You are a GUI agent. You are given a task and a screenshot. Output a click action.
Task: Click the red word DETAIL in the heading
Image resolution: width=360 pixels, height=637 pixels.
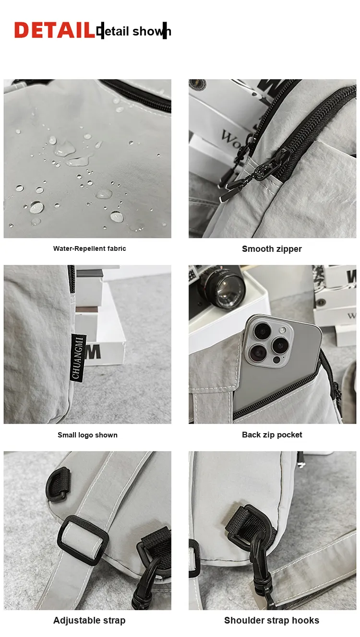click(x=54, y=30)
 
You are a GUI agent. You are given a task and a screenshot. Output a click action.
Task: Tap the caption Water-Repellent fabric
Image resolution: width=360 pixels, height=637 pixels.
click(x=89, y=248)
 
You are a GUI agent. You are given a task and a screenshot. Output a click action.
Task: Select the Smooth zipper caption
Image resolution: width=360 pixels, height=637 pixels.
click(x=272, y=249)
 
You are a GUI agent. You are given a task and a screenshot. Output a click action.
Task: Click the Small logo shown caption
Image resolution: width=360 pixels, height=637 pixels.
click(x=87, y=435)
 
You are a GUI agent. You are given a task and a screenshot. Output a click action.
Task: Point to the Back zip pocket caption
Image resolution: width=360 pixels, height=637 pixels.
click(x=272, y=435)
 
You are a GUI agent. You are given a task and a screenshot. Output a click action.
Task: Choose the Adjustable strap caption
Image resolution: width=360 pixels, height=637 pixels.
click(x=89, y=620)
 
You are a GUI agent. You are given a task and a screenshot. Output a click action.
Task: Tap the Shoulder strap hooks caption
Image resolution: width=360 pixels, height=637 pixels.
click(x=272, y=620)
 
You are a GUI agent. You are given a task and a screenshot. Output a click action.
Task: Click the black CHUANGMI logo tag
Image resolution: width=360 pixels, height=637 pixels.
click(x=78, y=358)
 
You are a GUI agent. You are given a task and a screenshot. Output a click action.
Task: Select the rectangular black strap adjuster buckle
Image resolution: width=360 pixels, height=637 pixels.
click(x=83, y=540)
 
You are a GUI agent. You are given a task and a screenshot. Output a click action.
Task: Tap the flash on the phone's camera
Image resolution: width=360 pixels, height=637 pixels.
click(x=283, y=330)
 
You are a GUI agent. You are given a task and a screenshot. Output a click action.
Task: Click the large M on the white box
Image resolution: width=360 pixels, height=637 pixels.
click(x=93, y=352)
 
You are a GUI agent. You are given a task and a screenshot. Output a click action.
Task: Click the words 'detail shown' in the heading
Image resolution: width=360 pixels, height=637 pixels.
click(x=133, y=31)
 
